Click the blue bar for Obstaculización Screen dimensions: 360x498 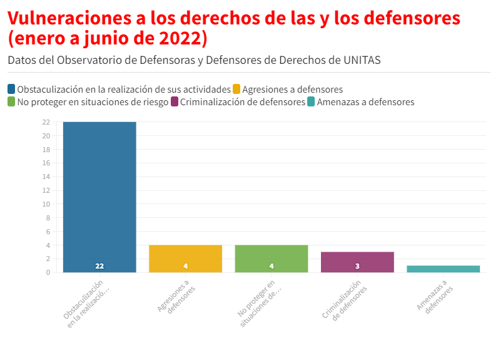99,197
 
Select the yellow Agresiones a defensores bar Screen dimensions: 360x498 185,258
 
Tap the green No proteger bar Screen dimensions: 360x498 272,258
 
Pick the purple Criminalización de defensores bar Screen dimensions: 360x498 357,262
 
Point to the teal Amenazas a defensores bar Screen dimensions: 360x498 443,269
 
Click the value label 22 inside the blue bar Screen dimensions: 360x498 99,266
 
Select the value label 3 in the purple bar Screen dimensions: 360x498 357,266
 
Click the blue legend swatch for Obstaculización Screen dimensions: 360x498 12,89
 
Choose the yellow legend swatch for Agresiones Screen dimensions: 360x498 236,89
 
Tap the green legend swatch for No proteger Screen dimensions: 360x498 12,101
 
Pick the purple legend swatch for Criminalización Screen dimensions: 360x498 175,101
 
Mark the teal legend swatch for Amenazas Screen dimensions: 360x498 311,101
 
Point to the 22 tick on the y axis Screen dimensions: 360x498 46,122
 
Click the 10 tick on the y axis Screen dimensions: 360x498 46,204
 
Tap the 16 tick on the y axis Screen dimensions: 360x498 46,163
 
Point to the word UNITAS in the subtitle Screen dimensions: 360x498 362,60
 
